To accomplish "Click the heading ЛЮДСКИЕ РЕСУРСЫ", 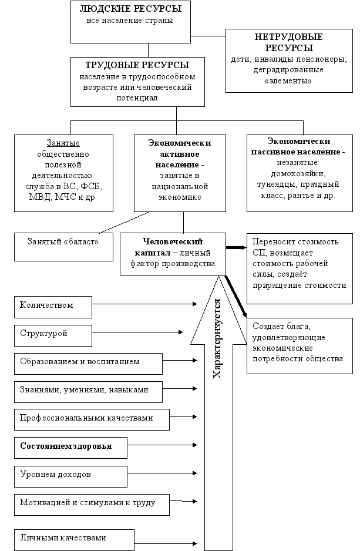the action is [130, 9].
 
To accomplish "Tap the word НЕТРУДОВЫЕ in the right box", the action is [289, 37].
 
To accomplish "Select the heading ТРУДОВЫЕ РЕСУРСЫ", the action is [137, 65].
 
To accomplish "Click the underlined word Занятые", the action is [63, 143].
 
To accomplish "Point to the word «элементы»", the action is [288, 80].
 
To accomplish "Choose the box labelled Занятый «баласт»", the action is [63, 247].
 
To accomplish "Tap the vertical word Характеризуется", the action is [217, 338].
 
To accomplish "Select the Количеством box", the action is [53, 307].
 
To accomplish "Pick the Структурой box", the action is [53, 335].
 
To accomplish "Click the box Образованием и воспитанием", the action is [88, 364].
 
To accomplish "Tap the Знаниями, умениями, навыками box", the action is [88, 392].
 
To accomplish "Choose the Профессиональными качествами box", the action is [92, 419].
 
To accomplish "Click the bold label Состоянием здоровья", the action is [66, 446].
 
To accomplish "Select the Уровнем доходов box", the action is [70, 476].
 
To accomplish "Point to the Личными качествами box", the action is [74, 540].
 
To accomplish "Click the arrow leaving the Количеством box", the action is [144, 304].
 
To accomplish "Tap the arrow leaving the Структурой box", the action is [137, 332].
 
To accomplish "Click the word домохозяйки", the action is [298, 174].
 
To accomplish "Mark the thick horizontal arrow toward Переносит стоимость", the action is [236, 247].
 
